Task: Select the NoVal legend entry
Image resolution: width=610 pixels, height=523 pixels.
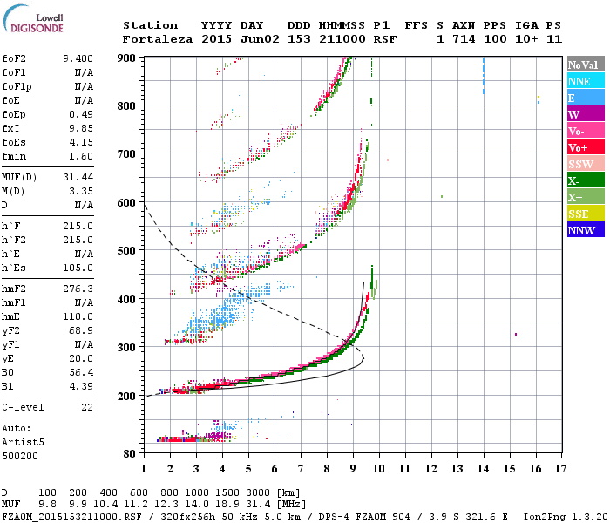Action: point(584,65)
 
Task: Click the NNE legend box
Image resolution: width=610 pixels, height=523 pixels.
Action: point(584,81)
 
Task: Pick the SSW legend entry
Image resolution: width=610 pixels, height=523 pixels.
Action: point(584,164)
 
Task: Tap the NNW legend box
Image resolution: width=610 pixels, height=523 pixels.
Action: point(584,230)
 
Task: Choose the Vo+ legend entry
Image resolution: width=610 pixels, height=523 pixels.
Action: point(584,147)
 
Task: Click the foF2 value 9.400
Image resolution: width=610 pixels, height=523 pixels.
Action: point(78,58)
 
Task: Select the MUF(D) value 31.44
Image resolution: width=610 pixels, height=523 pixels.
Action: point(78,176)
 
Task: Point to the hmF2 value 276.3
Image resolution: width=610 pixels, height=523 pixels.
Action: point(78,288)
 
